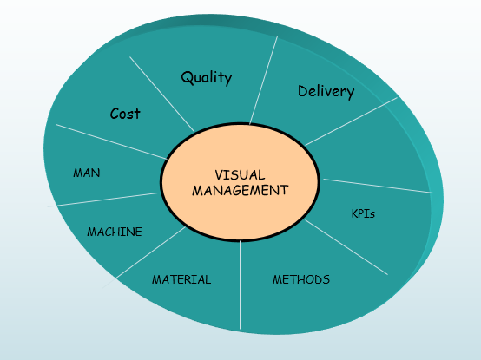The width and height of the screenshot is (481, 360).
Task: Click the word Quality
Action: click(x=206, y=77)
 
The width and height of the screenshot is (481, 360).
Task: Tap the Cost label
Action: click(x=125, y=114)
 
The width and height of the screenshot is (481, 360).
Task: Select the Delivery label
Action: click(x=326, y=91)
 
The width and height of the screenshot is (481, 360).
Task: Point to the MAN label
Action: click(x=87, y=173)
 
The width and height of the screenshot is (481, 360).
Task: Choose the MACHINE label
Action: click(x=114, y=232)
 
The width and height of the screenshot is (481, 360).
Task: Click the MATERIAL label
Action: click(x=181, y=279)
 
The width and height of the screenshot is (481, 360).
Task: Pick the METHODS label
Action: click(x=301, y=279)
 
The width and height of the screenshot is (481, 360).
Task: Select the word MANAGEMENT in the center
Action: click(x=240, y=189)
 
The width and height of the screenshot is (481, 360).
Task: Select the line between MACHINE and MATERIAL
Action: click(x=152, y=252)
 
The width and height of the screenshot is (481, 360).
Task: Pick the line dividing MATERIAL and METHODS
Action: click(x=240, y=286)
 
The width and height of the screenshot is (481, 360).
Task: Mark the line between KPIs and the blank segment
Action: click(x=377, y=186)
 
